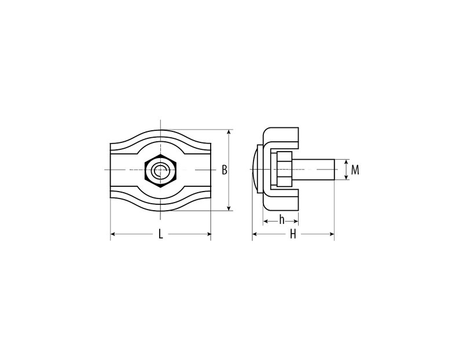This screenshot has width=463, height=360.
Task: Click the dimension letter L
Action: coord(160,234)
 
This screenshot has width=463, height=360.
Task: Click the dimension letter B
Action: coord(225,170)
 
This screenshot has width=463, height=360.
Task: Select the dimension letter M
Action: coord(355,170)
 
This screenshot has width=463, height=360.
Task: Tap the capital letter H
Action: coord(293,234)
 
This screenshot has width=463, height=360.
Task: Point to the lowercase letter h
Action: coord(282,220)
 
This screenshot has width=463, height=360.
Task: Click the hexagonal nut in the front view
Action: coord(161,170)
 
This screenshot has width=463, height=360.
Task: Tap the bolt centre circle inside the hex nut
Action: coord(160,170)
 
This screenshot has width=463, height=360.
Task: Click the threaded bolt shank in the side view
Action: coord(313,170)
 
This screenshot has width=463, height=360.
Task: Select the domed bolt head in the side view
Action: coord(255,170)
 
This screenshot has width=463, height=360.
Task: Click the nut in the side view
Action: coord(285,170)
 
